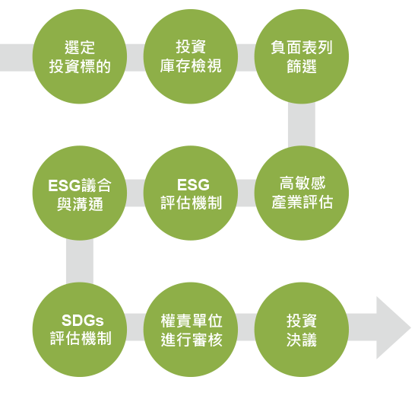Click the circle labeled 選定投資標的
point(80,56)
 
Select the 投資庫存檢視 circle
point(191,56)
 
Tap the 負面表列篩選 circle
point(302,56)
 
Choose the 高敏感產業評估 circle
point(302,193)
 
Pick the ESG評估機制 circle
point(191,193)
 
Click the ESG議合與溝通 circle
point(80,193)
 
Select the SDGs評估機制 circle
point(80,330)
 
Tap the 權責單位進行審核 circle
point(191,330)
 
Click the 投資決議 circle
point(302,330)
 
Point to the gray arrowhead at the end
point(392,327)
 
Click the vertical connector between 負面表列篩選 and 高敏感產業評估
point(302,125)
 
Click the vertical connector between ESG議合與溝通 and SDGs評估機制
point(80,261)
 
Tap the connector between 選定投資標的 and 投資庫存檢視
point(135,58)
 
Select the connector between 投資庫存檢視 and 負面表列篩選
point(246,58)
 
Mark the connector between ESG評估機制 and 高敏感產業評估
point(246,193)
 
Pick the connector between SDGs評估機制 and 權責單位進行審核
point(135,327)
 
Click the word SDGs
point(83,320)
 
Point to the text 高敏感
point(302,183)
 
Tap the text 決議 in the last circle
point(302,340)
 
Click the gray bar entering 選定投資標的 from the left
point(17,58)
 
